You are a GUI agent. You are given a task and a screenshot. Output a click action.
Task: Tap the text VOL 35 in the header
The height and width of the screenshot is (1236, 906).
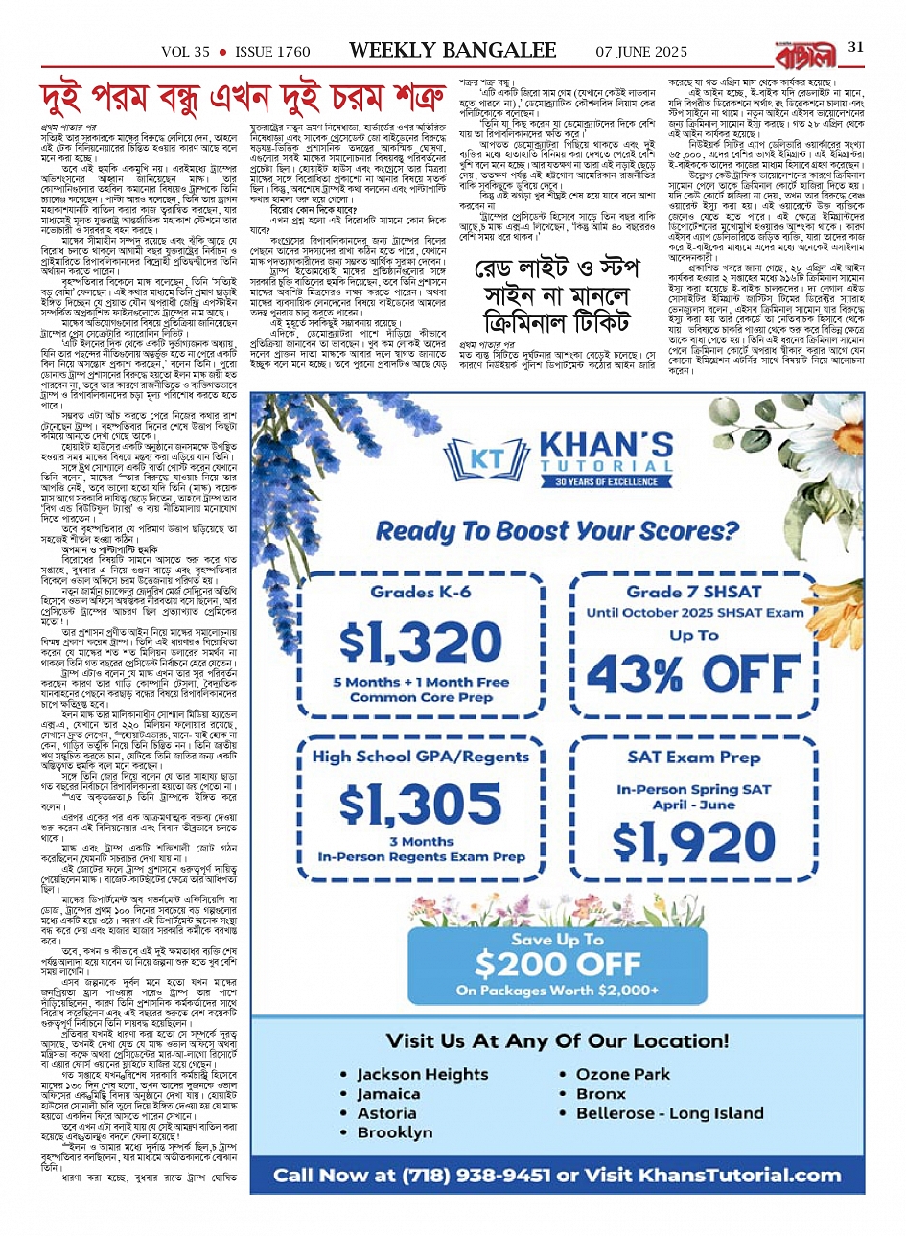[x=185, y=51]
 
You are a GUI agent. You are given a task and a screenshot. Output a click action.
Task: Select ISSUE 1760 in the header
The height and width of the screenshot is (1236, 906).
[x=273, y=51]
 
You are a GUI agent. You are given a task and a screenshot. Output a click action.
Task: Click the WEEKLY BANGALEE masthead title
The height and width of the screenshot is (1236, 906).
[x=452, y=50]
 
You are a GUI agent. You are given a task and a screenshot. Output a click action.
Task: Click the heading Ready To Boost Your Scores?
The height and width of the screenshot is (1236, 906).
[x=556, y=530]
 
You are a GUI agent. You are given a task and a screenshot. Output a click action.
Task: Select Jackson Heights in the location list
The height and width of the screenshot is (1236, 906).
[x=422, y=1074]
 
